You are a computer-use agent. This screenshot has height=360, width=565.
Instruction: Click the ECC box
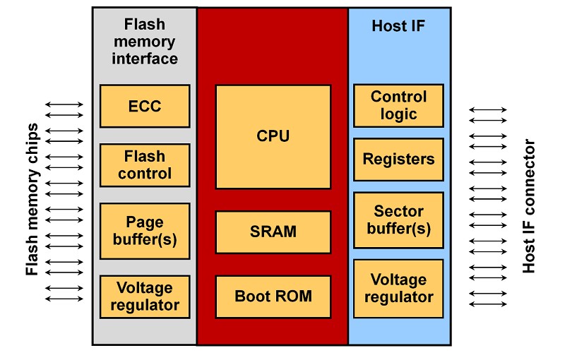click(145, 106)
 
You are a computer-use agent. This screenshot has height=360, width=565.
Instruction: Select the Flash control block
click(145, 165)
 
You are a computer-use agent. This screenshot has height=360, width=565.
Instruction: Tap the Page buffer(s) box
click(145, 230)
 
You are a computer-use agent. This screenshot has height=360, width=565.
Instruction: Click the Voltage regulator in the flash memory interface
click(145, 296)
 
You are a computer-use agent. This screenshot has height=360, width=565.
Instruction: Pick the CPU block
click(273, 136)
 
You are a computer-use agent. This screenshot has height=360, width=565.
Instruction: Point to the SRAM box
click(273, 232)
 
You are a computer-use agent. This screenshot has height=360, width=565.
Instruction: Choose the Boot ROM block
click(273, 296)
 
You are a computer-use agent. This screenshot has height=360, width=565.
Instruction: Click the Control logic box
click(398, 105)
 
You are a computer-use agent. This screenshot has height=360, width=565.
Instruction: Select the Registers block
click(398, 159)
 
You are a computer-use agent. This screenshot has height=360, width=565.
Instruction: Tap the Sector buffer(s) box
click(398, 220)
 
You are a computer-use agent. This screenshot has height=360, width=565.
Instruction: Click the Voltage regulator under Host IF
click(398, 288)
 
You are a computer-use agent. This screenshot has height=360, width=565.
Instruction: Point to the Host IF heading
click(398, 26)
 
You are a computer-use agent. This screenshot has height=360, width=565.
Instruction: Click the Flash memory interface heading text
click(145, 42)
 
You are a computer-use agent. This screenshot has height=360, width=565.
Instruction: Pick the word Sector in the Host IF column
click(398, 211)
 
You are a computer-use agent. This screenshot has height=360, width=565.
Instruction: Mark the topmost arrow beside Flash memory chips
click(64, 105)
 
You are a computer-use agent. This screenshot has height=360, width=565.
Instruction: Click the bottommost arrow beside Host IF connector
click(488, 304)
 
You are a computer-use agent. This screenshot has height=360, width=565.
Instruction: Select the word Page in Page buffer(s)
click(145, 222)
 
